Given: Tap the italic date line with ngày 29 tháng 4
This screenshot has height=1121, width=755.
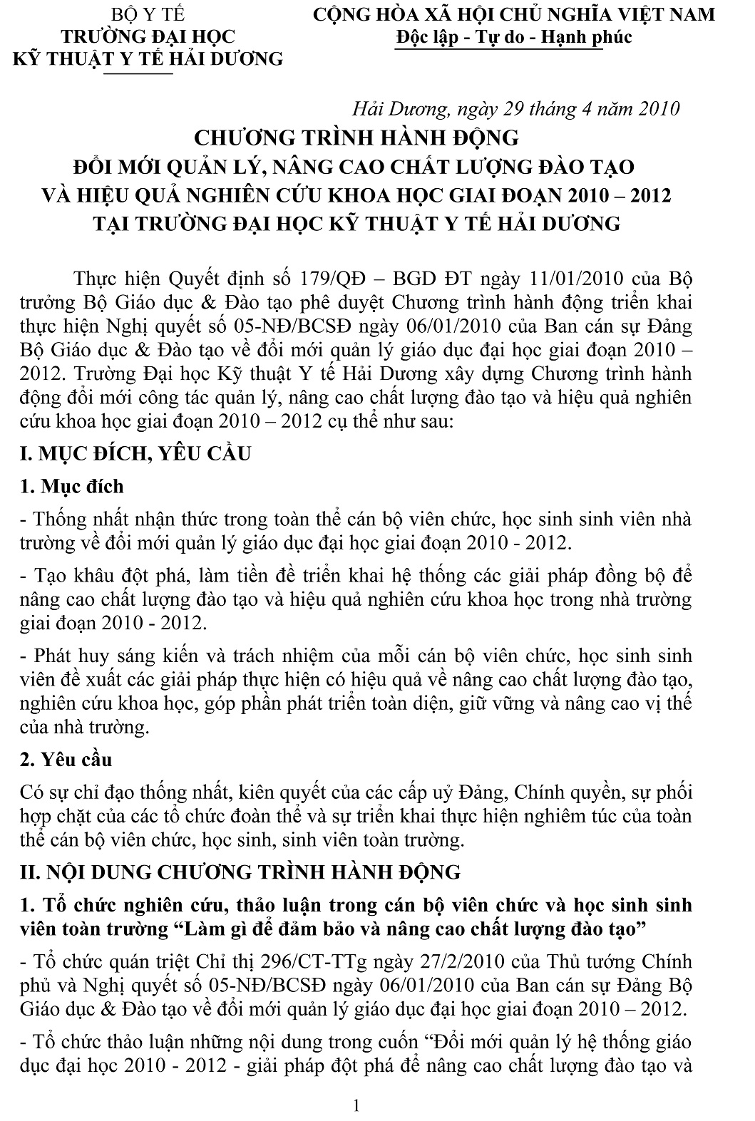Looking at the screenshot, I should pyautogui.click(x=516, y=108).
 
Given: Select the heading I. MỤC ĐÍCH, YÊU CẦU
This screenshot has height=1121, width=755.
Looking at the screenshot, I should pyautogui.click(x=135, y=453).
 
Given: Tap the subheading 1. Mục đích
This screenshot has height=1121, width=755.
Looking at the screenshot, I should pyautogui.click(x=72, y=487).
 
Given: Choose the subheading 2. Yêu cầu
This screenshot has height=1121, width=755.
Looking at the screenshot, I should pyautogui.click(x=66, y=759).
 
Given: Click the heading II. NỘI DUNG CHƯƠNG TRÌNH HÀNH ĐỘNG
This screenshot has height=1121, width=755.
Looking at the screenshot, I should pyautogui.click(x=241, y=872).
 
